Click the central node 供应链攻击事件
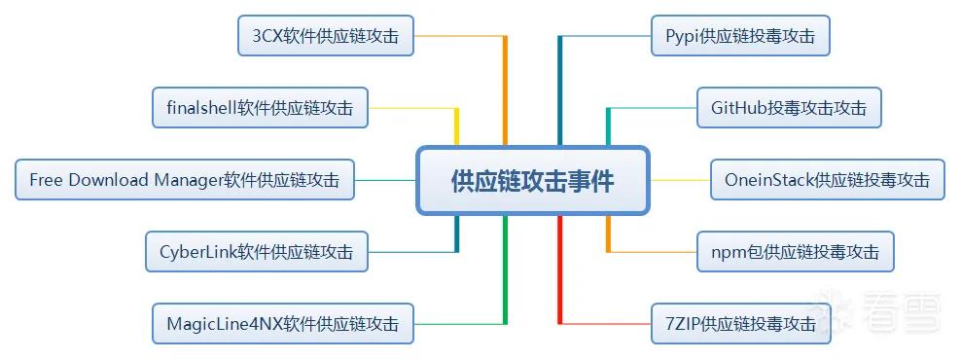(532, 180)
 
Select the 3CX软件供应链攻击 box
(326, 36)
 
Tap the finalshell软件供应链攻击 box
(260, 108)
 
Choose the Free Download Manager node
(185, 180)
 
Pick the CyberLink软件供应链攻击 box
(256, 251)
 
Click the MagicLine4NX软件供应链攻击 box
(282, 323)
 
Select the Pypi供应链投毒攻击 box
(740, 36)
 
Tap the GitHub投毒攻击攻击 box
(789, 108)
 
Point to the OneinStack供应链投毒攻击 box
(828, 180)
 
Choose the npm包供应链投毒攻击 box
(795, 251)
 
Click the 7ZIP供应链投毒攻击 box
(740, 323)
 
